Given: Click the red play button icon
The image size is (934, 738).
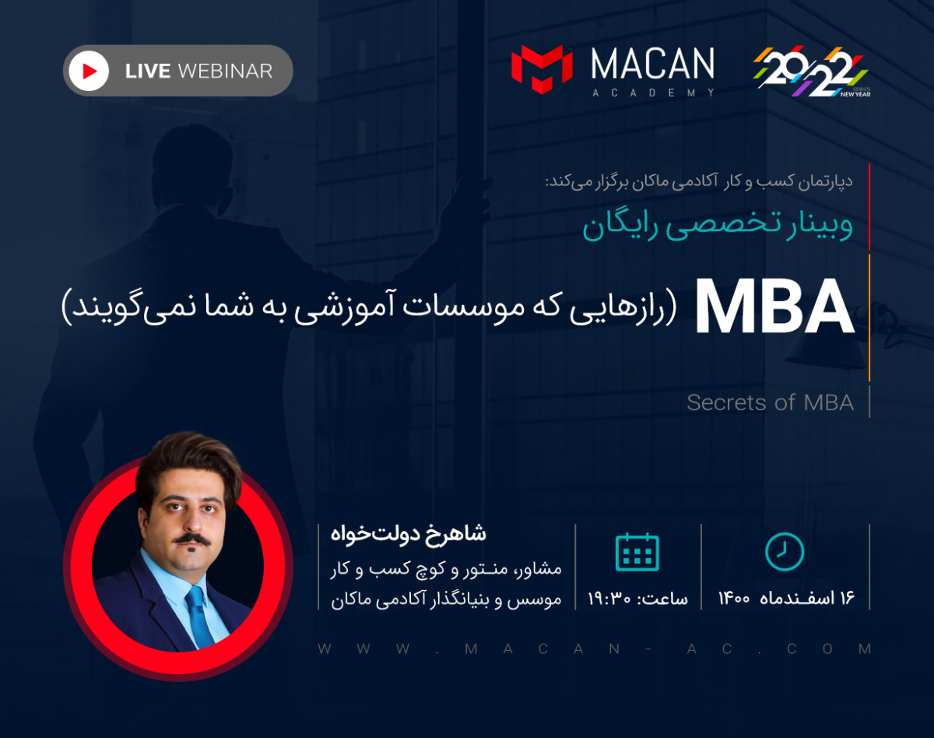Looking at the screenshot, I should click(x=89, y=71).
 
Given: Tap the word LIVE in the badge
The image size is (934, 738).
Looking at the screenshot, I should click(x=148, y=72).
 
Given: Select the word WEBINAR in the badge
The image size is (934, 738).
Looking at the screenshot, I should click(x=225, y=72).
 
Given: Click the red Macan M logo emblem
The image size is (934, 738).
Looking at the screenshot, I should click(x=542, y=65).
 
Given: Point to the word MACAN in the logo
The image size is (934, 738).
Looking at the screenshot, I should click(x=652, y=64).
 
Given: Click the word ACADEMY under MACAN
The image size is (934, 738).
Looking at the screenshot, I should click(x=652, y=93).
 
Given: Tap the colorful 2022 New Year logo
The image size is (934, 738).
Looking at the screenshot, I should click(x=811, y=72).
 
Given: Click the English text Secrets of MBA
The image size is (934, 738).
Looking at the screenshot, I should click(x=770, y=402).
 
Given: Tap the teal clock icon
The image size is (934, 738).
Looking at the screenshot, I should click(x=785, y=552).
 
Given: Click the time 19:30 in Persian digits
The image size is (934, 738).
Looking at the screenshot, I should click(x=612, y=599).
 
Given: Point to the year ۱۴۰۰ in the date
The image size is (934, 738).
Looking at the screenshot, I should click(x=734, y=599).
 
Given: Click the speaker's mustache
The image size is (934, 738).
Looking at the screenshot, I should click(x=191, y=539).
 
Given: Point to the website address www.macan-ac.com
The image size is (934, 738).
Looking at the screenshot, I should click(x=595, y=648).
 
